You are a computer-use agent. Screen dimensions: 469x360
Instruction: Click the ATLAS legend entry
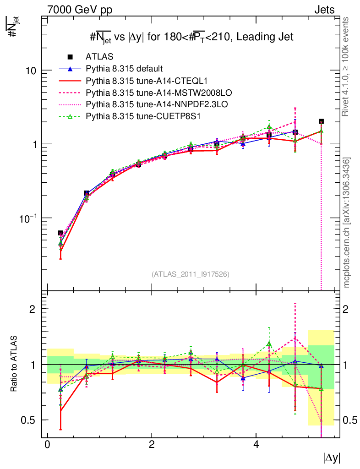[x=99, y=57]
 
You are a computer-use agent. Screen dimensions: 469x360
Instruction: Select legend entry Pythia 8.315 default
[x=124, y=69]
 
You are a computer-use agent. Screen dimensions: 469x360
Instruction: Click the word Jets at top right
[x=324, y=9]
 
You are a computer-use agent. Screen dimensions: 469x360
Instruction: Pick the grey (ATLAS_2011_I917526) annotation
[x=191, y=274]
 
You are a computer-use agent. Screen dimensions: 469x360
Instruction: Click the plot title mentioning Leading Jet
[x=191, y=38]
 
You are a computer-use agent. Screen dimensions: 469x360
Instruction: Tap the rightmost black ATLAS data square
[x=322, y=121]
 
